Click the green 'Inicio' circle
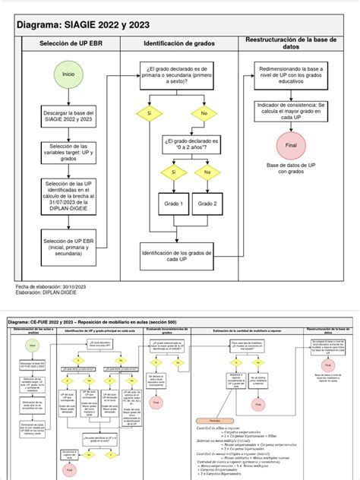point(68,74)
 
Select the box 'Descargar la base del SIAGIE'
point(68,114)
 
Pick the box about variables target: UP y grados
point(68,152)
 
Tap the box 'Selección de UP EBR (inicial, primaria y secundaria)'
point(68,248)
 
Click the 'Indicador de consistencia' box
point(289,111)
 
